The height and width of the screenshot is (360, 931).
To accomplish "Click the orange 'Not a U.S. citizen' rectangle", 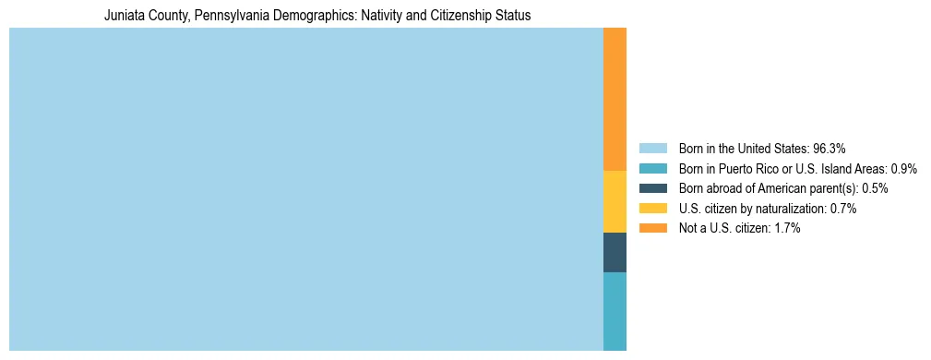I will [x=615, y=100].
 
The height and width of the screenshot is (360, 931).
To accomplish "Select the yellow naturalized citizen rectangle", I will [x=615, y=202].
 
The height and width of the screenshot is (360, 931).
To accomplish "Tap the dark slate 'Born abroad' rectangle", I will [x=615, y=252].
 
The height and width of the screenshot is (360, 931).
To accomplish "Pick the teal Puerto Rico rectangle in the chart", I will [x=615, y=311].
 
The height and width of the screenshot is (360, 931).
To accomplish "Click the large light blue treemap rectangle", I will [x=305, y=189].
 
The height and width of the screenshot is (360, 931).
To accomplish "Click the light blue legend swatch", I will [x=652, y=148].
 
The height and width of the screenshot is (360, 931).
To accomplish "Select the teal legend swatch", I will [x=652, y=168].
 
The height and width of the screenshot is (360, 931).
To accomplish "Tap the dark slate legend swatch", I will [x=652, y=188].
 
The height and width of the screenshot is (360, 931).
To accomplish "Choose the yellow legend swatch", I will [x=652, y=209].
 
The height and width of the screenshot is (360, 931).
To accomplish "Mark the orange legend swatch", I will [x=652, y=228].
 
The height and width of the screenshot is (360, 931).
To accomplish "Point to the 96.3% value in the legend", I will [x=829, y=148].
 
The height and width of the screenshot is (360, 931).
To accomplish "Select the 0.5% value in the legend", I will [x=875, y=188].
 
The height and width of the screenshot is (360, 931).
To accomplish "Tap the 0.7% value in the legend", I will [x=843, y=209].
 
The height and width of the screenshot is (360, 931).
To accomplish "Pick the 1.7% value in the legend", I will [x=787, y=228].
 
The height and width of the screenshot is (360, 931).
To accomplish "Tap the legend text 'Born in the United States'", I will [x=743, y=148].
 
